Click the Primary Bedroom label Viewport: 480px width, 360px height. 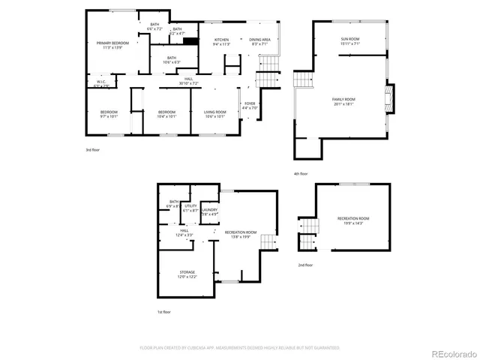point(112,46)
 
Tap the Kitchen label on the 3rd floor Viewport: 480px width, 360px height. point(221,42)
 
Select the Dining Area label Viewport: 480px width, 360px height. point(259,42)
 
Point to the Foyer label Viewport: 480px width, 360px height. point(250,106)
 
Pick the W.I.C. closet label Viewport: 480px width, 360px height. point(102,84)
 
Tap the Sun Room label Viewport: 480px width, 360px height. point(350,42)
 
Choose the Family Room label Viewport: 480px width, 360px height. point(344,101)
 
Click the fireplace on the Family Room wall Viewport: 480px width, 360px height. point(388,97)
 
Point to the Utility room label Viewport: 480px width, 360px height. point(190,208)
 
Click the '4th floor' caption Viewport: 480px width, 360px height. point(301,173)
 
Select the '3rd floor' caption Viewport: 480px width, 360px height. point(92,150)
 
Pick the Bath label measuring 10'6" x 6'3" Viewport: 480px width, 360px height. point(172,60)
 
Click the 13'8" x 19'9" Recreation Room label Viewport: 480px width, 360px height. point(241,234)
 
